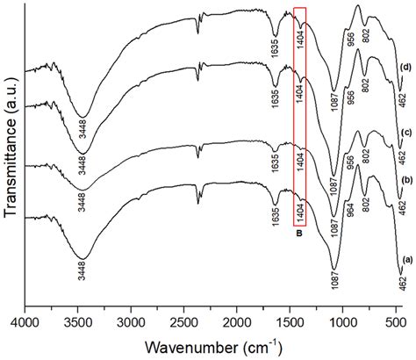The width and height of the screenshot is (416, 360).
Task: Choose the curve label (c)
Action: coord(405,133)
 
